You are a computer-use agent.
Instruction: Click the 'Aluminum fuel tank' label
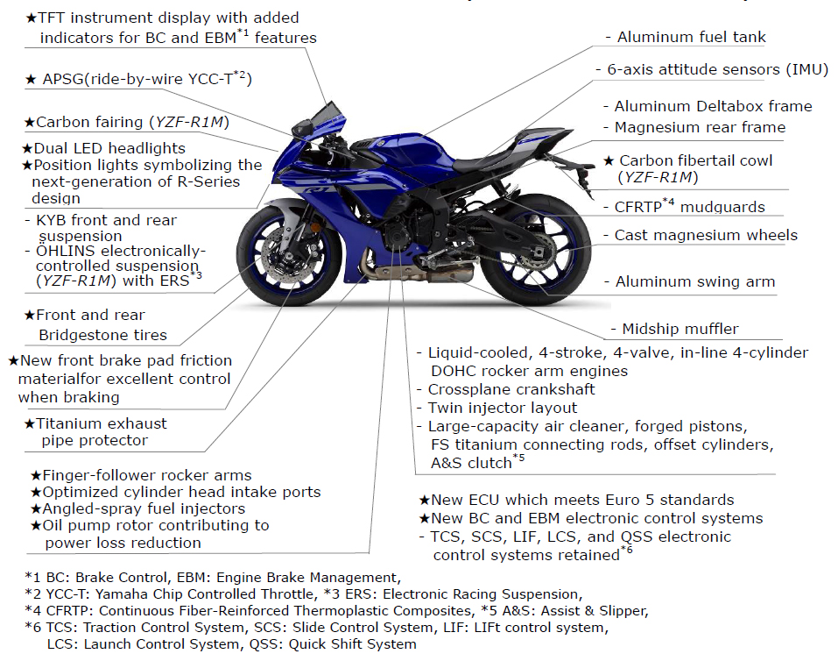(x=691, y=37)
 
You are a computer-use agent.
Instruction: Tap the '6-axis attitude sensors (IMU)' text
(x=717, y=69)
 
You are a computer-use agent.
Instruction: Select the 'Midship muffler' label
(x=680, y=329)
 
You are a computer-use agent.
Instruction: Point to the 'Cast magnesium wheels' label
(x=706, y=235)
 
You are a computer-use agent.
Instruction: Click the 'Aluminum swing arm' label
(x=694, y=281)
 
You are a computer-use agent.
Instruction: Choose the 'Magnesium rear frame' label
(x=700, y=127)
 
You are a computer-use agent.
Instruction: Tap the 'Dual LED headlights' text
(x=109, y=148)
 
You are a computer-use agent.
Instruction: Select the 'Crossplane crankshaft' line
(x=511, y=389)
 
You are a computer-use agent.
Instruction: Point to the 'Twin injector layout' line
(x=503, y=408)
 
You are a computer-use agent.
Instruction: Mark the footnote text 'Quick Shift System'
(x=352, y=644)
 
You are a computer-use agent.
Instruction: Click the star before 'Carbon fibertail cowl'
(x=609, y=160)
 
